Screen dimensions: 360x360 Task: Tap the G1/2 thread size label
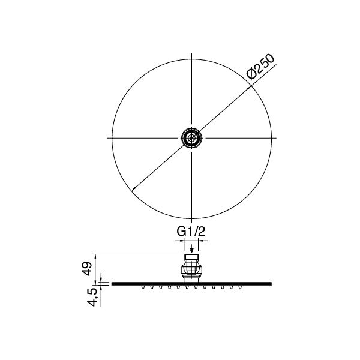coord(191,230)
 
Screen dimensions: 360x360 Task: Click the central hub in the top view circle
coord(191,138)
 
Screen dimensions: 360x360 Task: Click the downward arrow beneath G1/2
coord(191,250)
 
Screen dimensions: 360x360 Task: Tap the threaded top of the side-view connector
coord(191,259)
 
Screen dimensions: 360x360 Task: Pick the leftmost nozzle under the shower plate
coord(145,289)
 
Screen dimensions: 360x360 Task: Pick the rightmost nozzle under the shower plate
coord(238,289)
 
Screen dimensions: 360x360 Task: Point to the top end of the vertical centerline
coord(191,52)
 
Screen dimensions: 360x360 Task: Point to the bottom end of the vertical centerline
coord(191,223)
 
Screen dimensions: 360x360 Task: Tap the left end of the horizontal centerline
coord(106,138)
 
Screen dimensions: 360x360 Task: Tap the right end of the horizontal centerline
coord(277,138)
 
